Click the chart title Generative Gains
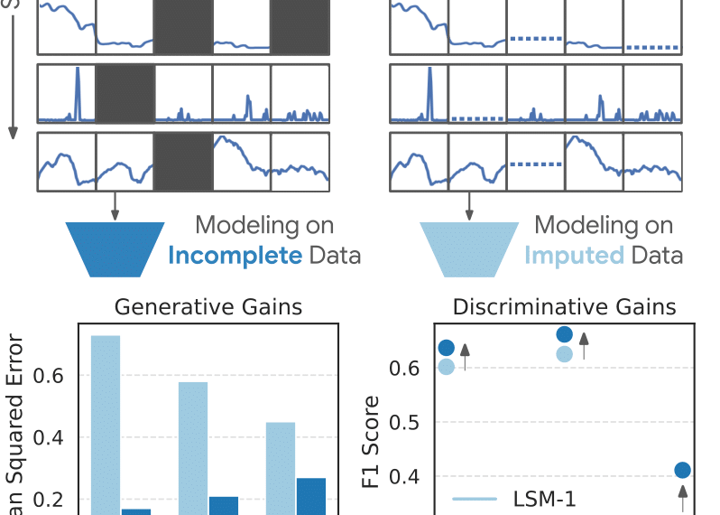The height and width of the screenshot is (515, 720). point(208,308)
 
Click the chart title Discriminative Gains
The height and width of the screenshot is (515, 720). point(564,308)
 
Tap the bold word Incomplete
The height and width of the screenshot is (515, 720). point(235,255)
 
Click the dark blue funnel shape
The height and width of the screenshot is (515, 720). point(115,248)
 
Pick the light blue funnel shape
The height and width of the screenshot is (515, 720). point(468,248)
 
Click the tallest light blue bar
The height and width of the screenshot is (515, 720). point(106,425)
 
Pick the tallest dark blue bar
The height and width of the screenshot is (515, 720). point(311,496)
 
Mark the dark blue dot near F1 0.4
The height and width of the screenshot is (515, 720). point(682,470)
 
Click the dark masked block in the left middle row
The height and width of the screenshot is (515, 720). point(125,93)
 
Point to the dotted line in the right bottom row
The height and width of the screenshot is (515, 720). point(535,164)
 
